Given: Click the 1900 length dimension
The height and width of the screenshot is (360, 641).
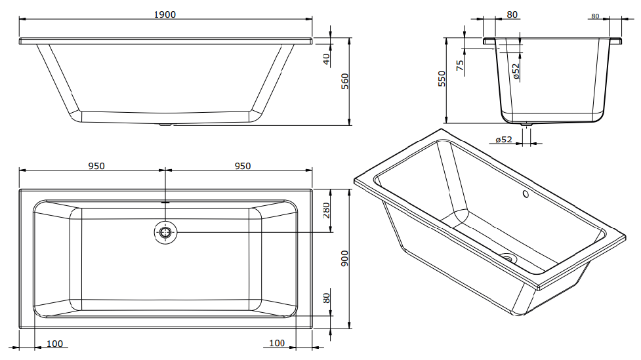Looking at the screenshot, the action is [x=165, y=14].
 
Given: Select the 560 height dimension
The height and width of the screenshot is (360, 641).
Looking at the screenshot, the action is [x=345, y=81].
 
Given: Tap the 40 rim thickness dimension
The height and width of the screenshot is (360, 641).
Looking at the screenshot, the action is [x=326, y=60].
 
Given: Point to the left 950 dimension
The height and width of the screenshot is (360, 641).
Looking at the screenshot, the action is [x=96, y=167].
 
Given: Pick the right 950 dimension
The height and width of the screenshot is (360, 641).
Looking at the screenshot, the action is [x=242, y=167].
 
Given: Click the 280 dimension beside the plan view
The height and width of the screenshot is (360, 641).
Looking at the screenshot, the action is [x=326, y=210].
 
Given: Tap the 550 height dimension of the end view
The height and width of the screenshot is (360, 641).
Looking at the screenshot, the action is [x=442, y=79].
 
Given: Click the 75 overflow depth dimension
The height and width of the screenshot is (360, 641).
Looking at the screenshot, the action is [x=461, y=66].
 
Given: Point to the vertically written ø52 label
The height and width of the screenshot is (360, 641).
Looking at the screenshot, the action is [x=516, y=71].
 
